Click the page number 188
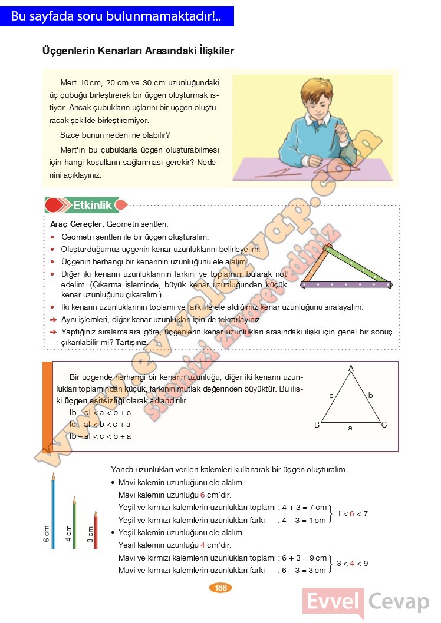tap(221, 587)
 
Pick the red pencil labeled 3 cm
tap(96, 530)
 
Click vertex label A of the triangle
tap(351, 368)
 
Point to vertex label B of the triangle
tap(317, 425)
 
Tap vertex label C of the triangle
tap(384, 425)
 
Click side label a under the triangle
tap(350, 428)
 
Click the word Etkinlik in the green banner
tap(92, 206)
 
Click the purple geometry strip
tap(346, 285)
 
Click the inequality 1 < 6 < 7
tap(352, 513)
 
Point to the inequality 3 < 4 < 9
tap(352, 564)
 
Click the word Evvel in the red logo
tap(333, 602)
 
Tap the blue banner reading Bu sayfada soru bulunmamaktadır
tap(116, 16)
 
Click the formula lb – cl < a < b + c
tap(100, 413)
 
